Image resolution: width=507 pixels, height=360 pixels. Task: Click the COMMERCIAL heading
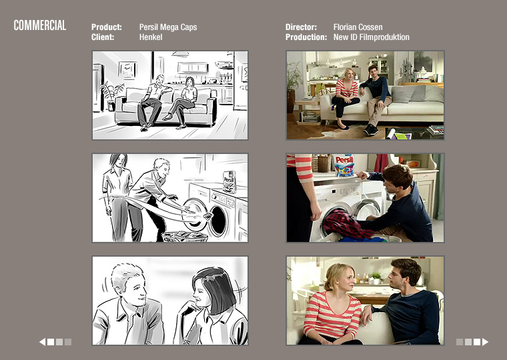pos(40,25)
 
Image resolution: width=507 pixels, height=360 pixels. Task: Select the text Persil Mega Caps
pos(168,27)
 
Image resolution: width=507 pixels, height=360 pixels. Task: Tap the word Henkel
pos(151,37)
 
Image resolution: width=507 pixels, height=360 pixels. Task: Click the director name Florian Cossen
pos(358,27)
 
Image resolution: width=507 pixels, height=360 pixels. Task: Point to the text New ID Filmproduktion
pos(371,37)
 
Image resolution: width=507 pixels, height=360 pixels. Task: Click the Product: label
pos(106,27)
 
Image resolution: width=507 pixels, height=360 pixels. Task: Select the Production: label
pos(306,37)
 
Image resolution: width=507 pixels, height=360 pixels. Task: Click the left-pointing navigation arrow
pos(42,342)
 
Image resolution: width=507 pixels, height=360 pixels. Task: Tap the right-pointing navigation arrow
pos(485,342)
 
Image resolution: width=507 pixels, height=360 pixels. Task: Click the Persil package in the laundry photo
pos(344,165)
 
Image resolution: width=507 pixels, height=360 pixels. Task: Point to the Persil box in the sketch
pos(229,181)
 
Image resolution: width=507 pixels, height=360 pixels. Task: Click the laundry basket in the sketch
pos(184,237)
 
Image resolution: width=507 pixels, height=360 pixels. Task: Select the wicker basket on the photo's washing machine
pos(324,163)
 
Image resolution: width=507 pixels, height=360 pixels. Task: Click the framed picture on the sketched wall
pos(127,70)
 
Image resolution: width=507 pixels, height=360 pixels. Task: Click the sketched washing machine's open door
pos(195,214)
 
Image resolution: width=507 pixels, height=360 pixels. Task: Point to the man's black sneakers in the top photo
pos(370,130)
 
